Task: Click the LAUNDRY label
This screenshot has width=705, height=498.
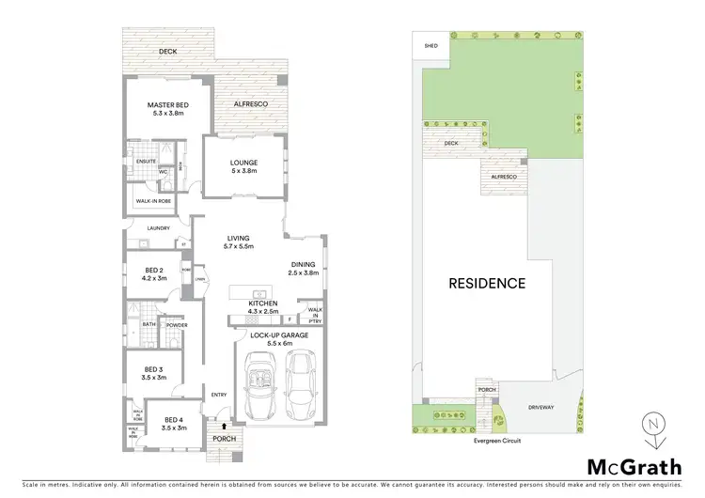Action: tap(146, 227)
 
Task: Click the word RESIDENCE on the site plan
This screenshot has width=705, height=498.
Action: tap(486, 282)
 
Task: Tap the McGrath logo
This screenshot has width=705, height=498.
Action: tap(634, 466)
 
